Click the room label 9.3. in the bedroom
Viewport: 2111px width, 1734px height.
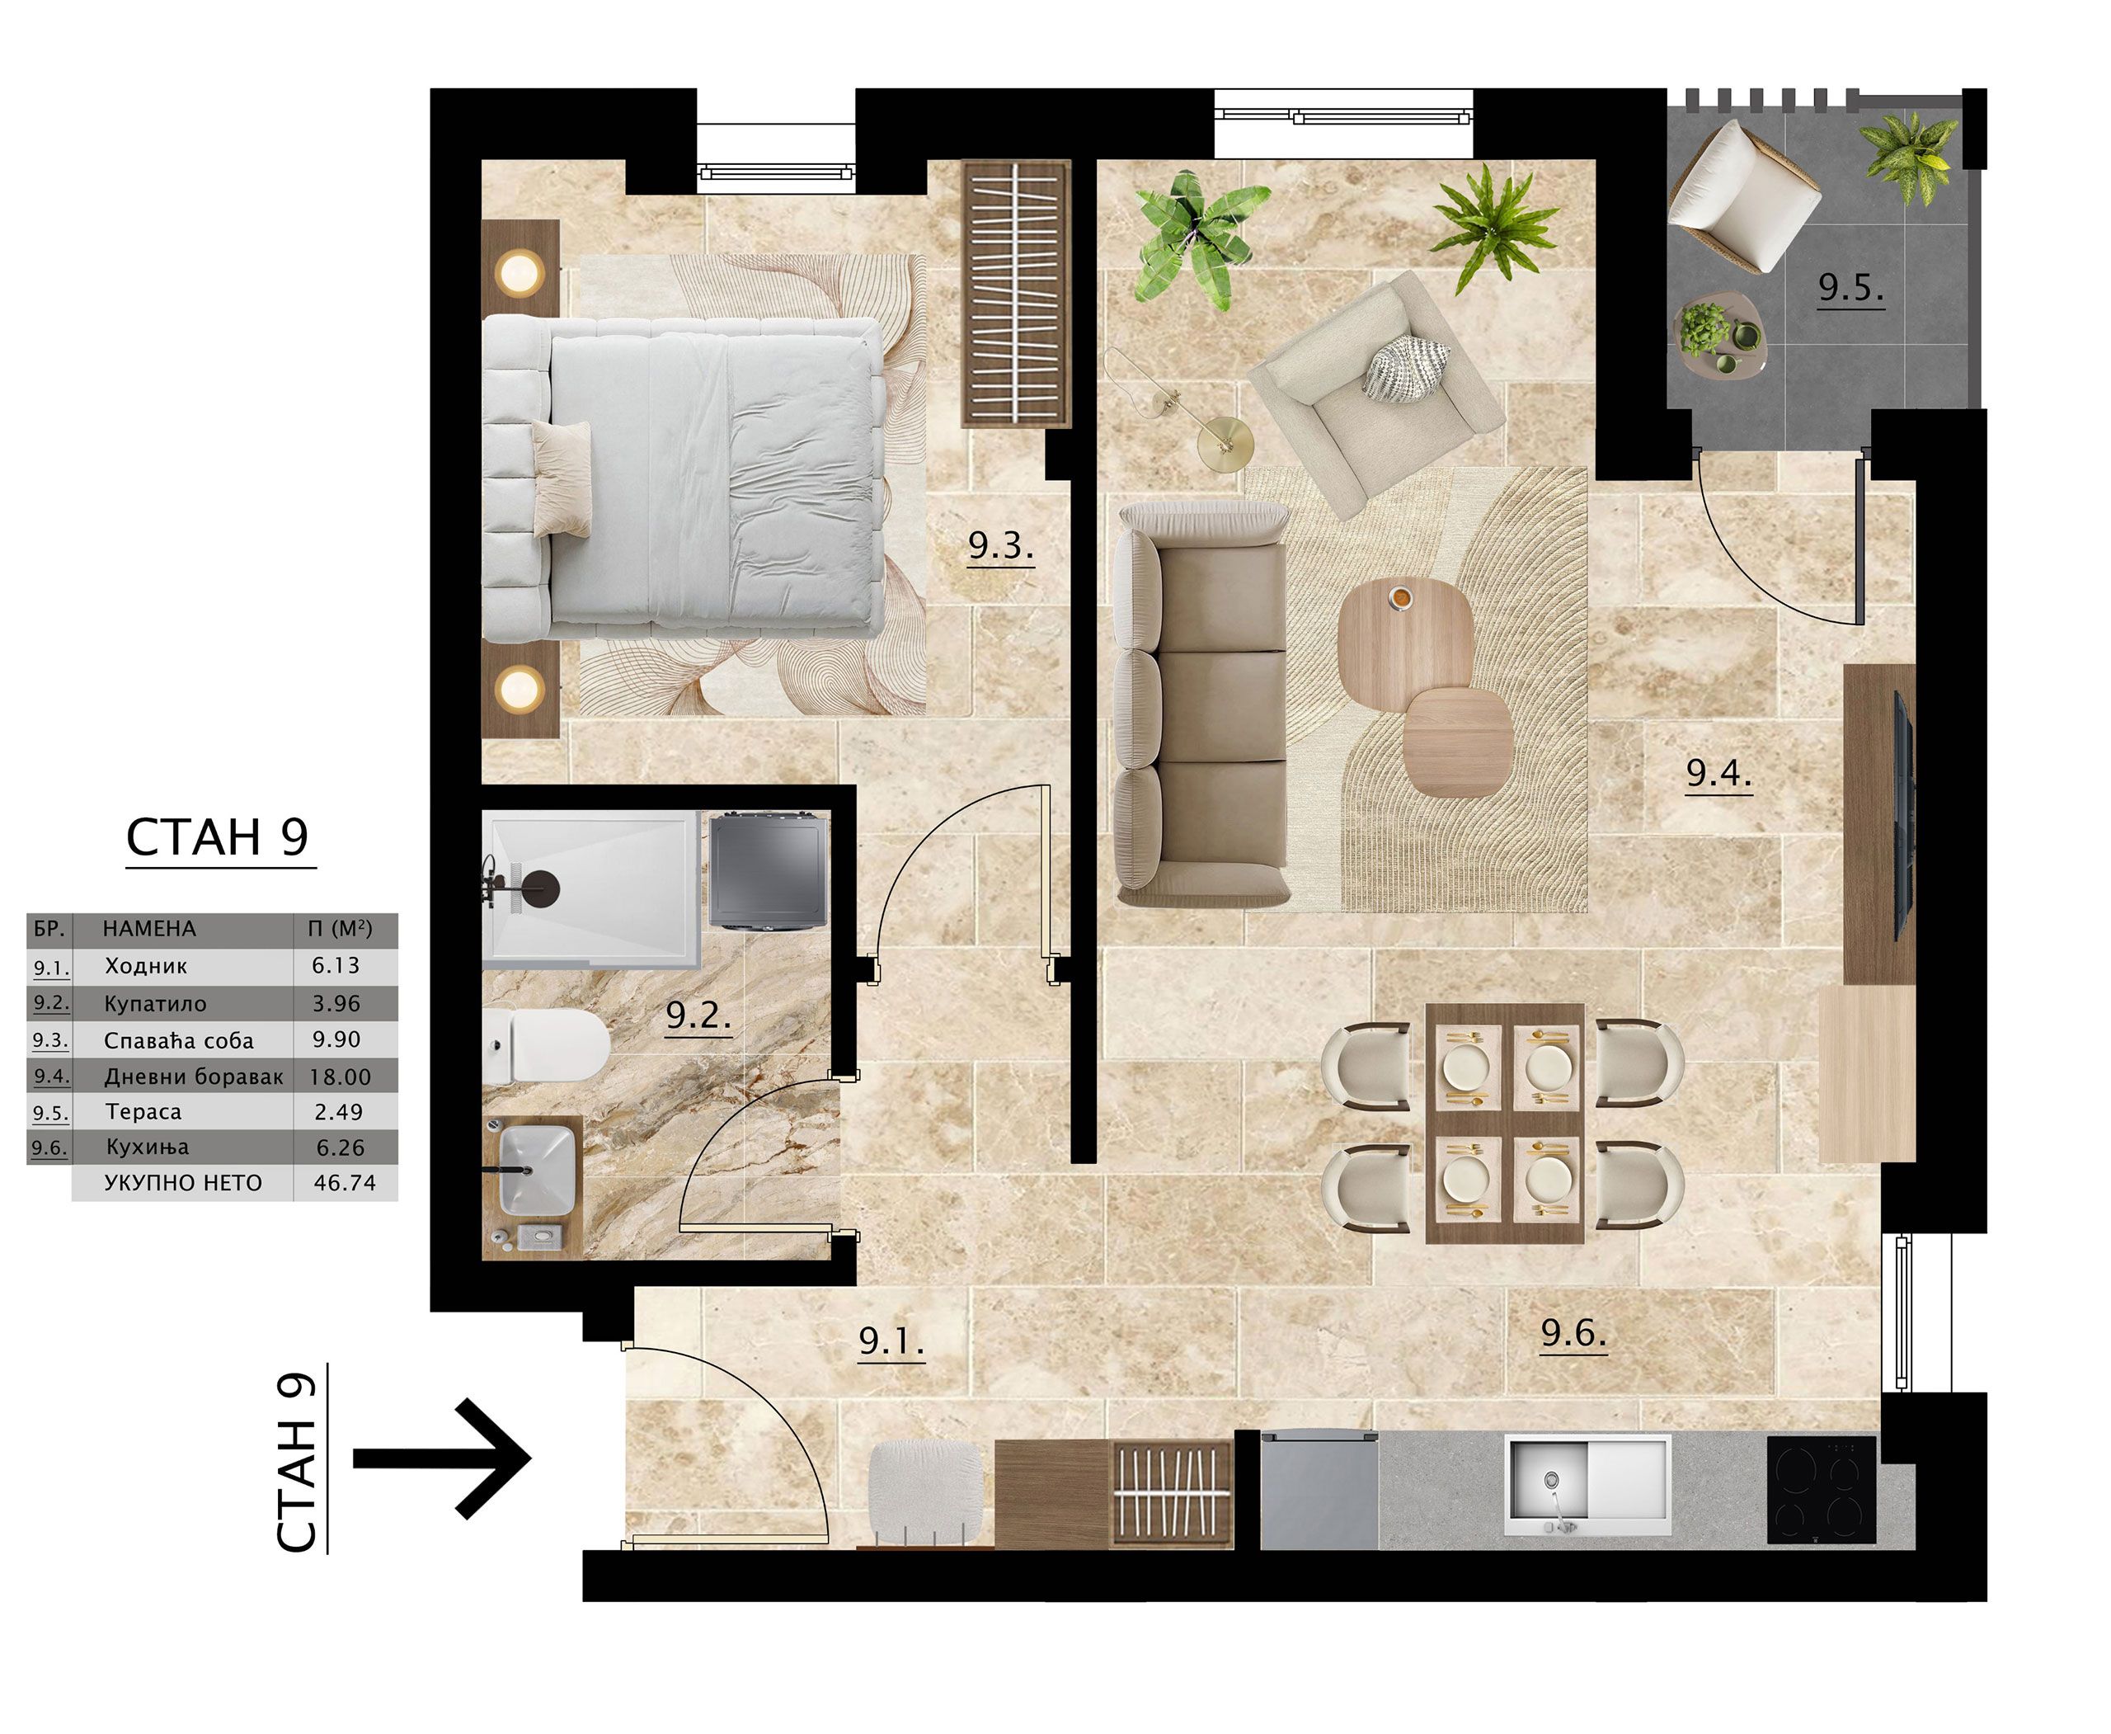999,545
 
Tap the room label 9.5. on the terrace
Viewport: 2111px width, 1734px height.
1850,288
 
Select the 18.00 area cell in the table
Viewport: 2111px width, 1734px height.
340,1077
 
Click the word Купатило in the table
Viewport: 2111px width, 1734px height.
155,1004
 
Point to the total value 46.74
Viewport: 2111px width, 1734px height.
345,1183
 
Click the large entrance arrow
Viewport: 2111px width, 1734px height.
441,1458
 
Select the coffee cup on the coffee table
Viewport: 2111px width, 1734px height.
1400,597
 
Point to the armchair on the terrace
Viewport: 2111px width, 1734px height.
1746,196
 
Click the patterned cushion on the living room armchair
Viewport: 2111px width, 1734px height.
1407,370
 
